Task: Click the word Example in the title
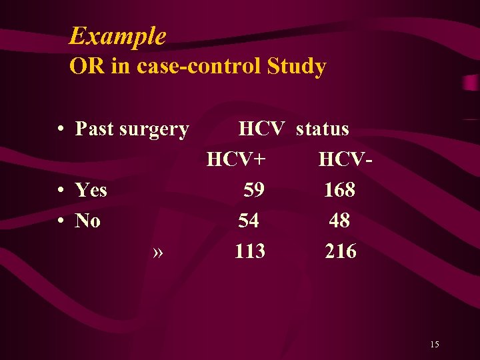point(117,35)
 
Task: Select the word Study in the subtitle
point(296,67)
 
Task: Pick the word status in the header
point(322,128)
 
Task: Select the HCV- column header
point(345,159)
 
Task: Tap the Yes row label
point(91,191)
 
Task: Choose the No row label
point(87,221)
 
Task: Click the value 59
point(253,191)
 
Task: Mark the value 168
point(339,191)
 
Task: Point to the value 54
point(249,221)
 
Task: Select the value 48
point(339,221)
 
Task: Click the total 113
point(249,251)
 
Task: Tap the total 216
point(340,251)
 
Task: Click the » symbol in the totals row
point(158,252)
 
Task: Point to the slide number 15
point(434,344)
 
